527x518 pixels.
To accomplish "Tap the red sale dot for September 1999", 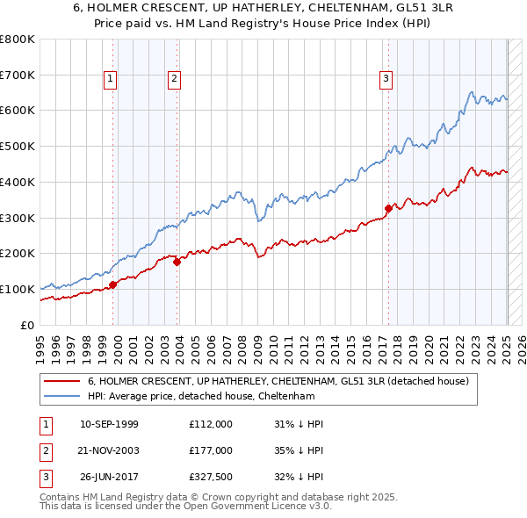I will click(112, 284).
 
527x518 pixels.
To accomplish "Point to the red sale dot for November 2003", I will click(177, 261).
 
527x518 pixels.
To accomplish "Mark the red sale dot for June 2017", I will click(388, 208).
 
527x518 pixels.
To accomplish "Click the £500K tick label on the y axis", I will click(18, 146).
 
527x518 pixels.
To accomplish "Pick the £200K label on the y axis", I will click(18, 253).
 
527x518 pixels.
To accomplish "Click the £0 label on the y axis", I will click(26, 325).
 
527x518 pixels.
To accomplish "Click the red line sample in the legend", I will click(61, 381).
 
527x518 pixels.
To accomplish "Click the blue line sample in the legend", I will click(61, 396).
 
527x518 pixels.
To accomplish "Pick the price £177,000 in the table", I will click(210, 450).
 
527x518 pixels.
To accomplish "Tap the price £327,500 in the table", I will click(210, 477).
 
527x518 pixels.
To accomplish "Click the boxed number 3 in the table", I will click(45, 477).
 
